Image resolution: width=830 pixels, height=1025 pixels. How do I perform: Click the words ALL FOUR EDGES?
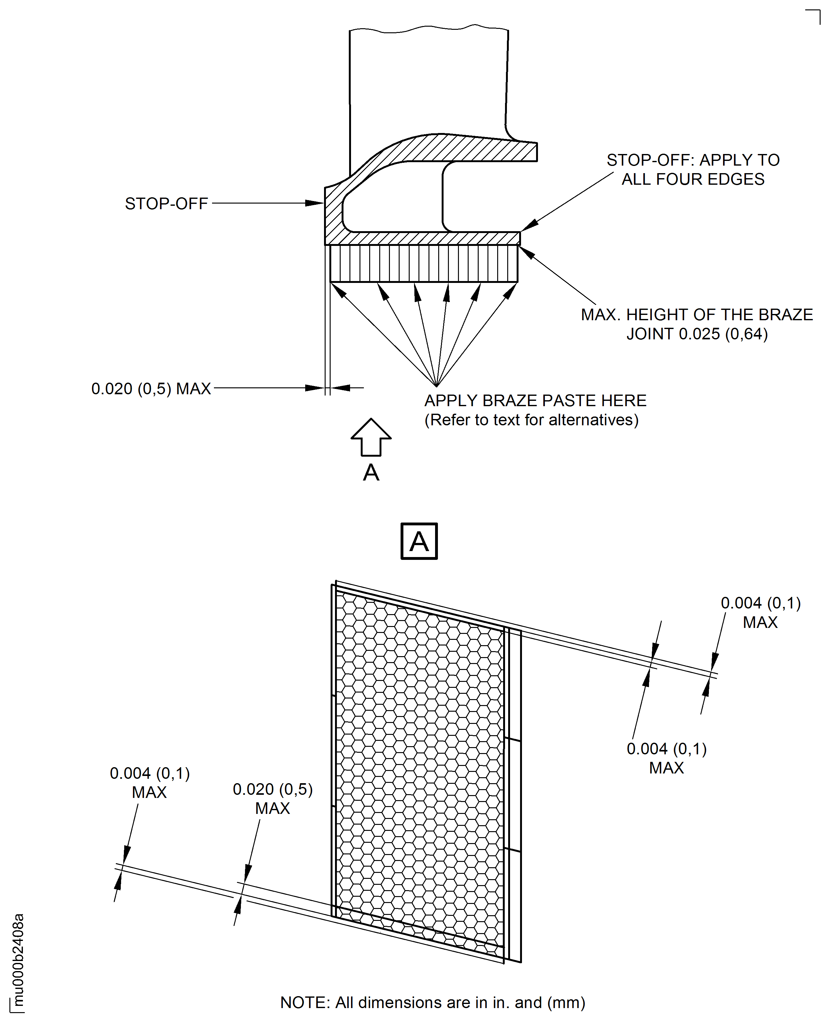coord(693,179)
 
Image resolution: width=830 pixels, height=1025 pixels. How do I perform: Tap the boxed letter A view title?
coord(419,541)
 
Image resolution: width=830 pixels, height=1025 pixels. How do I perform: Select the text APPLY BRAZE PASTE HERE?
coord(535,400)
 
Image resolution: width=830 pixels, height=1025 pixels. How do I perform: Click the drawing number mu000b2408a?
coord(18,960)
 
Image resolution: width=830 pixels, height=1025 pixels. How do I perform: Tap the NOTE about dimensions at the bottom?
coord(433,1002)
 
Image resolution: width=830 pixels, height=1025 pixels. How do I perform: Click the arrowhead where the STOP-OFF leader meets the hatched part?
coord(316,203)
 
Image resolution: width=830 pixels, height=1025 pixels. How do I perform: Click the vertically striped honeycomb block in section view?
coord(423,263)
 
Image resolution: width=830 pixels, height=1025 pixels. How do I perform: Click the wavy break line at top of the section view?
coord(429,30)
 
